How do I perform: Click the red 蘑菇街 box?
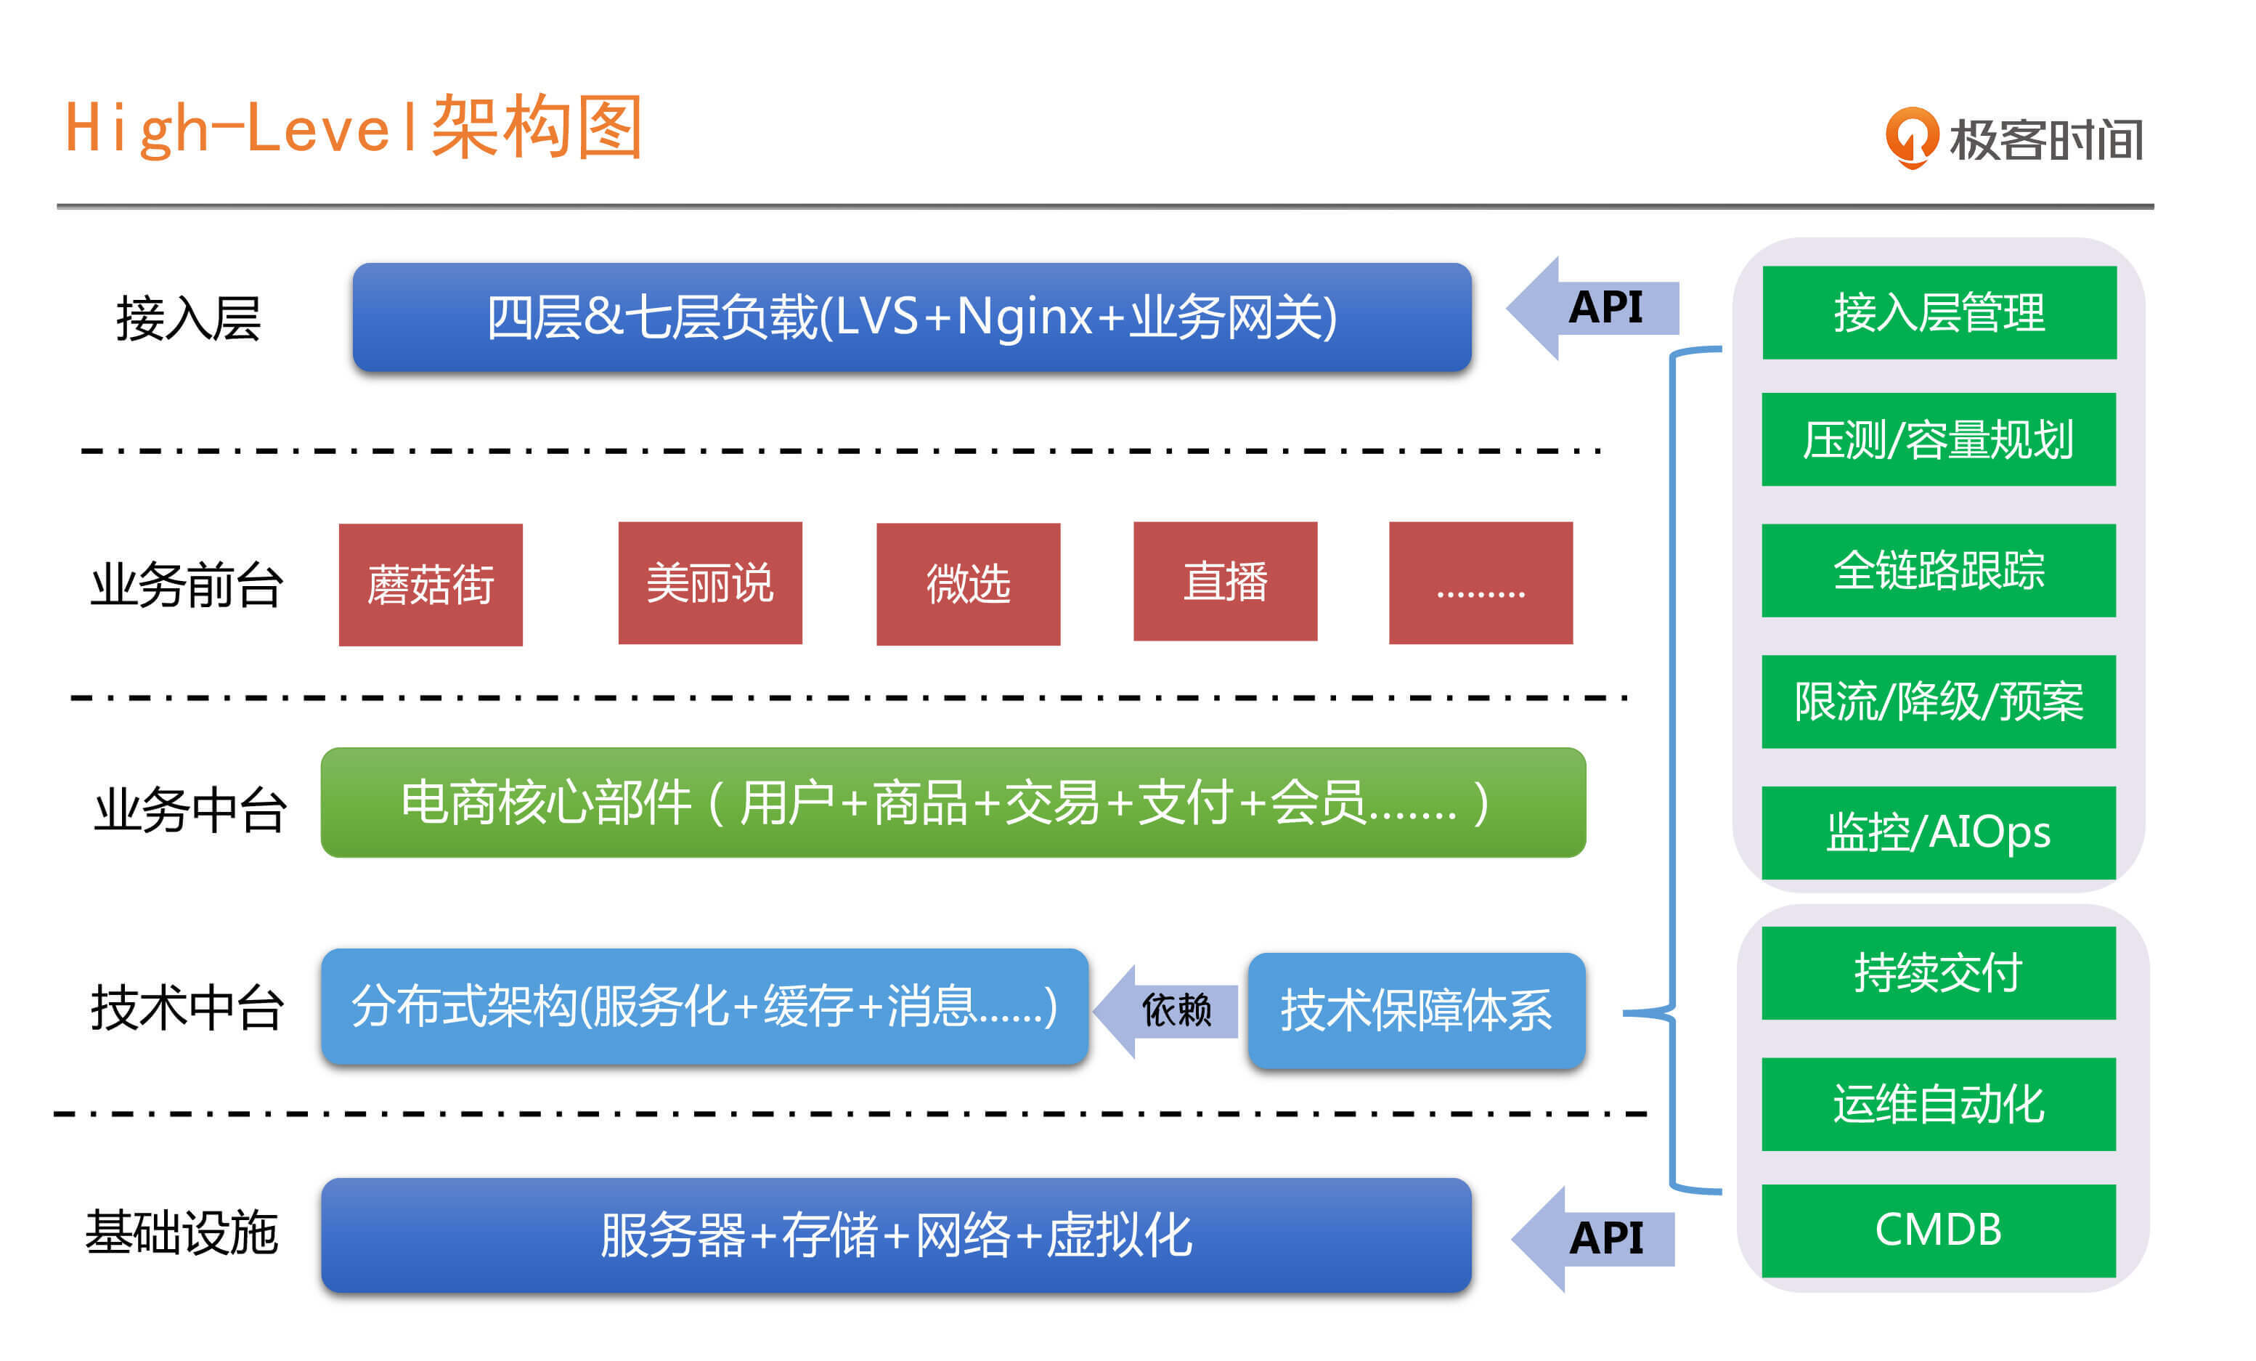coord(431,585)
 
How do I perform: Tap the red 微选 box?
coord(968,583)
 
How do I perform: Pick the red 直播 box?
coord(1225,581)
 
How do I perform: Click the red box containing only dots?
coord(1481,582)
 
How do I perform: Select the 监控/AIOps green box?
coord(1938,832)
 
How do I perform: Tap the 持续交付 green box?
coord(1938,972)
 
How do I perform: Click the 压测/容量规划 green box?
coord(1938,439)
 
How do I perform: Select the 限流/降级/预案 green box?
coord(1938,701)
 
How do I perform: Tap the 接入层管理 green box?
coord(1938,312)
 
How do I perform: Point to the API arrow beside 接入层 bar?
coord(1592,308)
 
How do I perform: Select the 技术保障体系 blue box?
coord(1415,1010)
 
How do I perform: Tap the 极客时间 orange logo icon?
coord(1911,137)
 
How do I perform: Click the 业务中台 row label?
coord(190,809)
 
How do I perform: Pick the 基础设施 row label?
coord(182,1232)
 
